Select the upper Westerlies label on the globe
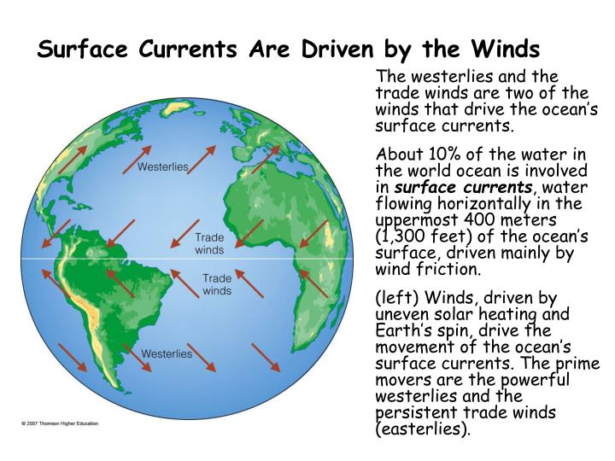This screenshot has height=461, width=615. point(163,167)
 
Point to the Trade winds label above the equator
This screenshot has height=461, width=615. point(209,244)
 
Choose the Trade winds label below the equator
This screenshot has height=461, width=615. point(216,285)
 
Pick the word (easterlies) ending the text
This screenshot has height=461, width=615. point(423,428)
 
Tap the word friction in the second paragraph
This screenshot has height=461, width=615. point(451,270)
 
